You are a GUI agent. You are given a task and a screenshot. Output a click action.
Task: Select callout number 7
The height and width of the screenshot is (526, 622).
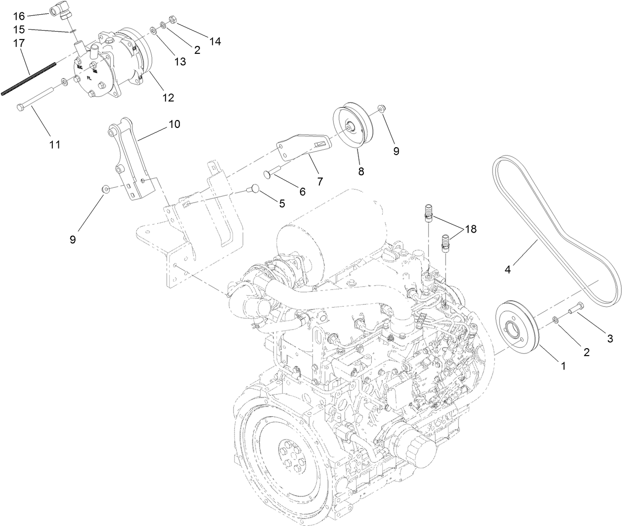(320, 181)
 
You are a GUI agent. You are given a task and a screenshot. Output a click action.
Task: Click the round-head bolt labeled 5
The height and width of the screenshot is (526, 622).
(254, 188)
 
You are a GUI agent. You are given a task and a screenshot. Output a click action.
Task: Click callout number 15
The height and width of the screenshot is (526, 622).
(19, 30)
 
